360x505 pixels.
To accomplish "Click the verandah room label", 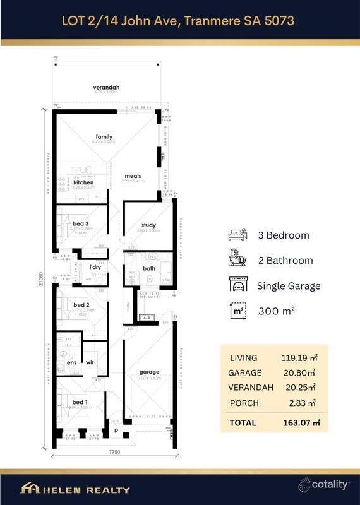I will click(105, 87).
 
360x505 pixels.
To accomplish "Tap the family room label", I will click(104, 136).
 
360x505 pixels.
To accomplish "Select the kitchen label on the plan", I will click(83, 182).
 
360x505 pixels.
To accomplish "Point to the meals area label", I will click(133, 176).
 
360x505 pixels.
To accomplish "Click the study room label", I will click(148, 225).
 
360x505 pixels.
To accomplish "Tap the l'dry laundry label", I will click(95, 267).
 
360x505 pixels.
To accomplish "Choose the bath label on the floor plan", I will click(149, 268).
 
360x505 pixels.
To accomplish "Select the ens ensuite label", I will click(72, 363).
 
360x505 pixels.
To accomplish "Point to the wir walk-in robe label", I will click(90, 363).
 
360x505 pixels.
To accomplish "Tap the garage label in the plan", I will click(150, 372).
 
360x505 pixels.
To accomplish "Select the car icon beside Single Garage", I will click(238, 286).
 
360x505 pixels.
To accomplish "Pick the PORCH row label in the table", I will click(244, 403).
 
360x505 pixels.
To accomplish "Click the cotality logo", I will click(323, 484).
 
